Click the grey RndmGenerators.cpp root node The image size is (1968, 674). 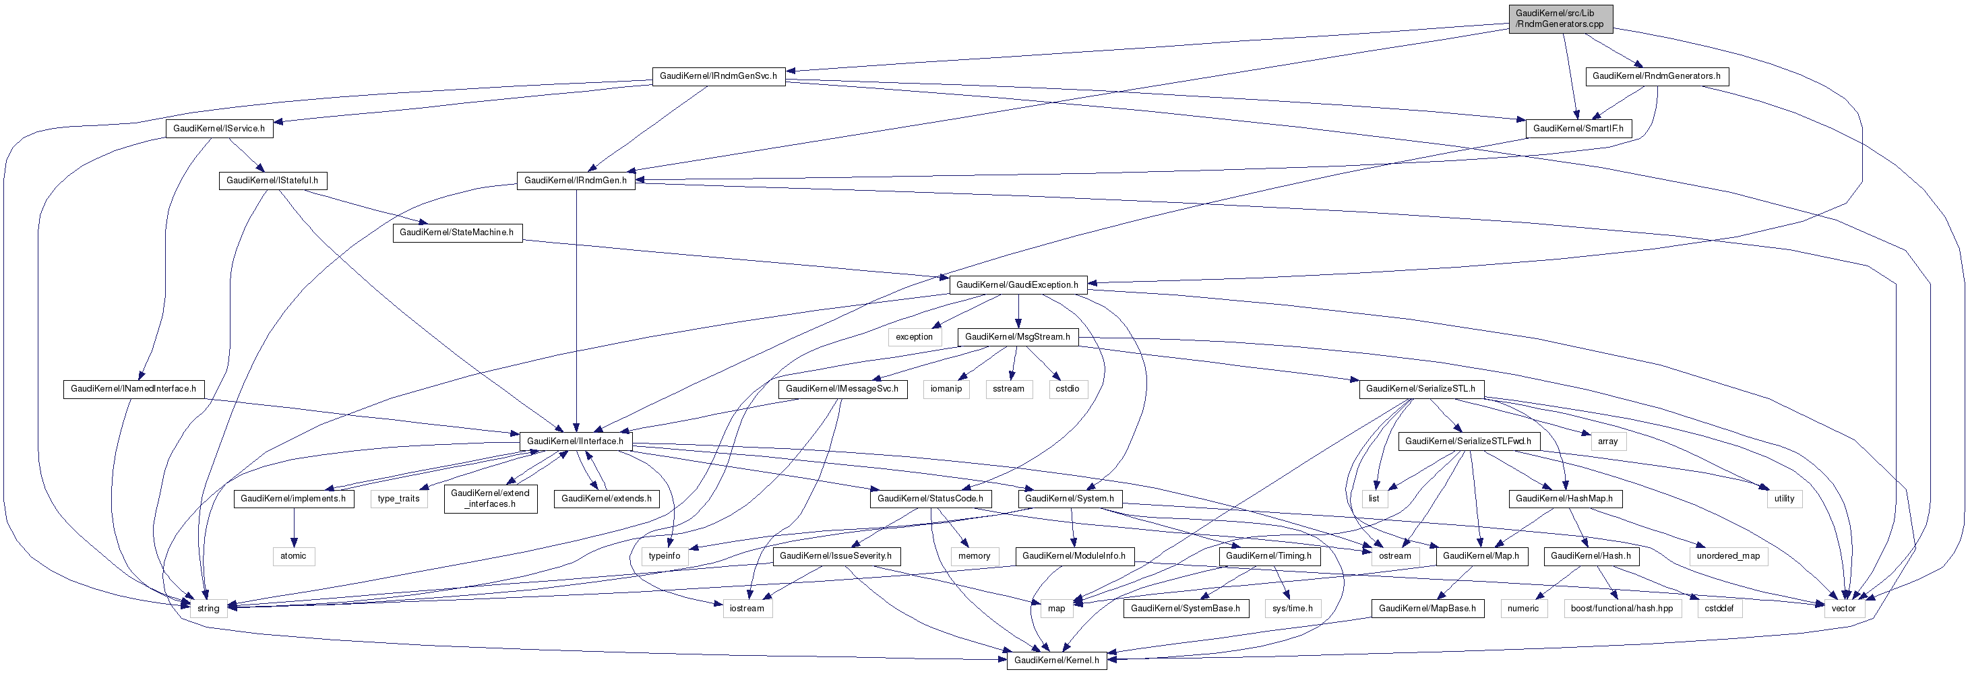[1560, 18]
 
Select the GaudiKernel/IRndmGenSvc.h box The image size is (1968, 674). [718, 76]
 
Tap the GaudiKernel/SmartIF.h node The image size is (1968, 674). [1578, 128]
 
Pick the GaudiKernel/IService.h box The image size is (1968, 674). [218, 128]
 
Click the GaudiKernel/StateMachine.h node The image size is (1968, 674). [457, 233]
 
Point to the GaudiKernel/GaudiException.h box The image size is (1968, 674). [1017, 285]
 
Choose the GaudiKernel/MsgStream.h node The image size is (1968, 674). [1017, 337]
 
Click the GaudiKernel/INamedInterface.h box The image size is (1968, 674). [133, 389]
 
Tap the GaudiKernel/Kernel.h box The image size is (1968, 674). [1056, 661]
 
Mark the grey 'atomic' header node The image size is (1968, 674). [293, 556]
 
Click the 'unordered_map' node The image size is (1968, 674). [1727, 556]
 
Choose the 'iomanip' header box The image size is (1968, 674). [946, 389]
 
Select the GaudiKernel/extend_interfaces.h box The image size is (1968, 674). [490, 499]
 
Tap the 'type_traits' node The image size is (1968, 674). [398, 499]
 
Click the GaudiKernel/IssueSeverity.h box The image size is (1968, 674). [836, 556]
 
